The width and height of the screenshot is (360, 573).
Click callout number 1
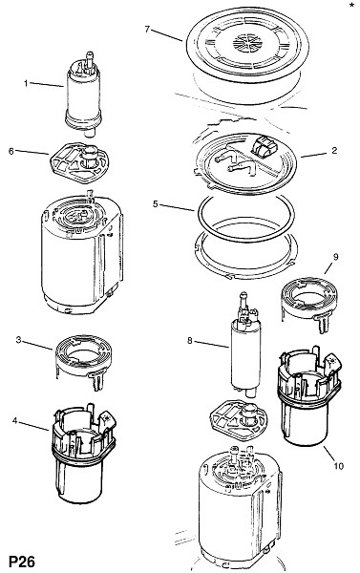pos(26,84)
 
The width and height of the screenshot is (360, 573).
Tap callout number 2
pos(334,151)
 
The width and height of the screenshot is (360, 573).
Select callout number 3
pos(18,340)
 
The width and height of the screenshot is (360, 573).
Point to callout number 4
pos(14,421)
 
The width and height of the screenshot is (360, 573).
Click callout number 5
pos(156,204)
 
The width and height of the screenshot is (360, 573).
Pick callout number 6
pos(11,151)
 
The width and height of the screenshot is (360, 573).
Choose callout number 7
pos(147,29)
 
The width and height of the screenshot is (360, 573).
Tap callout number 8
pos(189,341)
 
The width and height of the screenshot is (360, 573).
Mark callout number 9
pos(335,257)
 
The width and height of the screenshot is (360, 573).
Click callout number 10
pos(338,466)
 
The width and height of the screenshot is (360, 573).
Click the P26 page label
pos(22,562)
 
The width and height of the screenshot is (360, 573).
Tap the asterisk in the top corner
pos(351,5)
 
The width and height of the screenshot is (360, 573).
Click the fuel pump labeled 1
pos(83,95)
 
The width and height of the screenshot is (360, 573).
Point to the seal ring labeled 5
pos(246,218)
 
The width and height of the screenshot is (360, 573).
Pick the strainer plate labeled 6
pos(79,162)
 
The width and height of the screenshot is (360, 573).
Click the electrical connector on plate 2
pos(264,146)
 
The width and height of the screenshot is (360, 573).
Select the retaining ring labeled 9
pos(309,300)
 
